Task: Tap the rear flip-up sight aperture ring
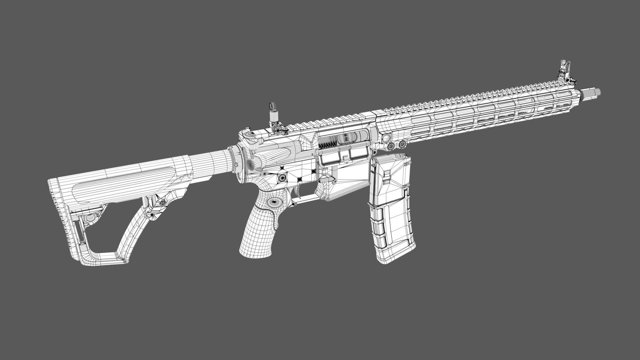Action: point(272,107)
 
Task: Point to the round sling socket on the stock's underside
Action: point(162,202)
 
